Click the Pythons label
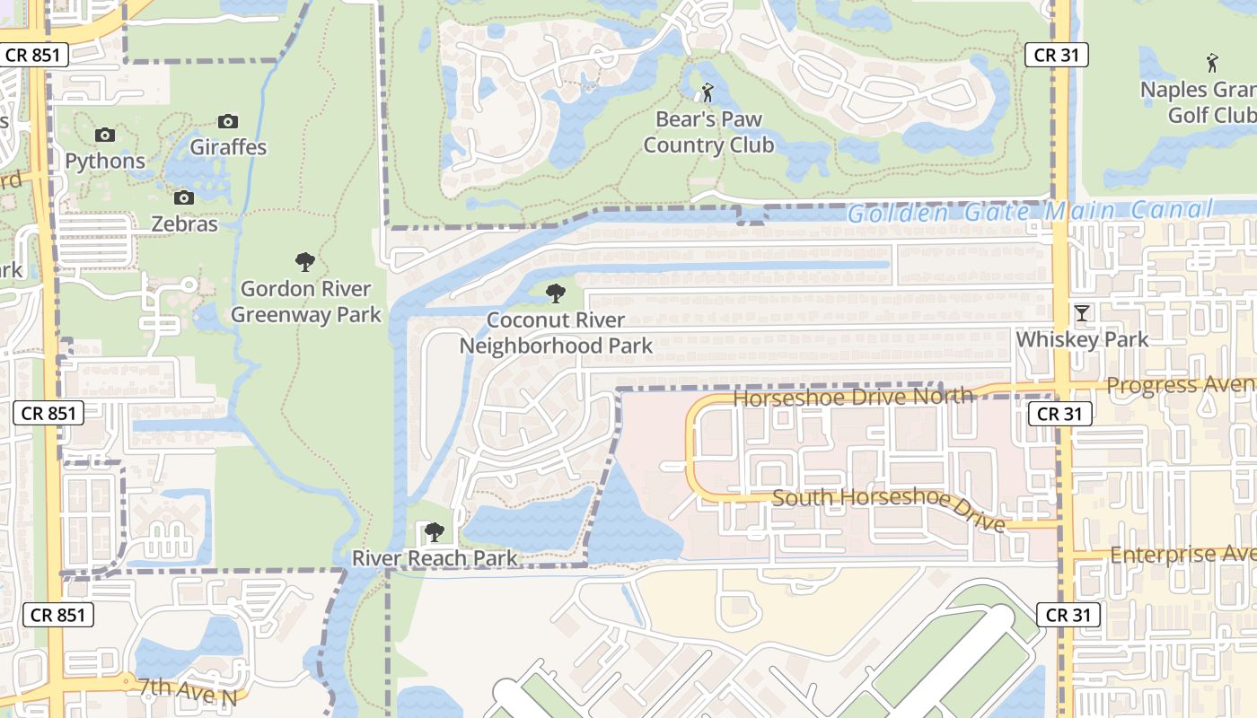[x=105, y=161]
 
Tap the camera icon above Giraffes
[x=228, y=121]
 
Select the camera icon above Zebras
[x=184, y=197]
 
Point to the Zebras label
[x=184, y=223]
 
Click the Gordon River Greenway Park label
[x=305, y=302]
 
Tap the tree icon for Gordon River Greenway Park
[x=305, y=262]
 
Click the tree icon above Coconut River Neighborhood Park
[x=556, y=293]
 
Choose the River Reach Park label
[x=435, y=558]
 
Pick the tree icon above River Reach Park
[x=435, y=532]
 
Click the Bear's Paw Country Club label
[x=708, y=132]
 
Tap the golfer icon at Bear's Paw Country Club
[x=708, y=92]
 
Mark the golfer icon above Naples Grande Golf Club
[x=1212, y=63]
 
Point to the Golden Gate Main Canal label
[x=1029, y=213]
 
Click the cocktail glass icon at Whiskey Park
[x=1082, y=312]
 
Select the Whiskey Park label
[x=1082, y=339]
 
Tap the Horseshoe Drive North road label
[x=853, y=396]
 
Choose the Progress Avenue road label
[x=1181, y=385]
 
